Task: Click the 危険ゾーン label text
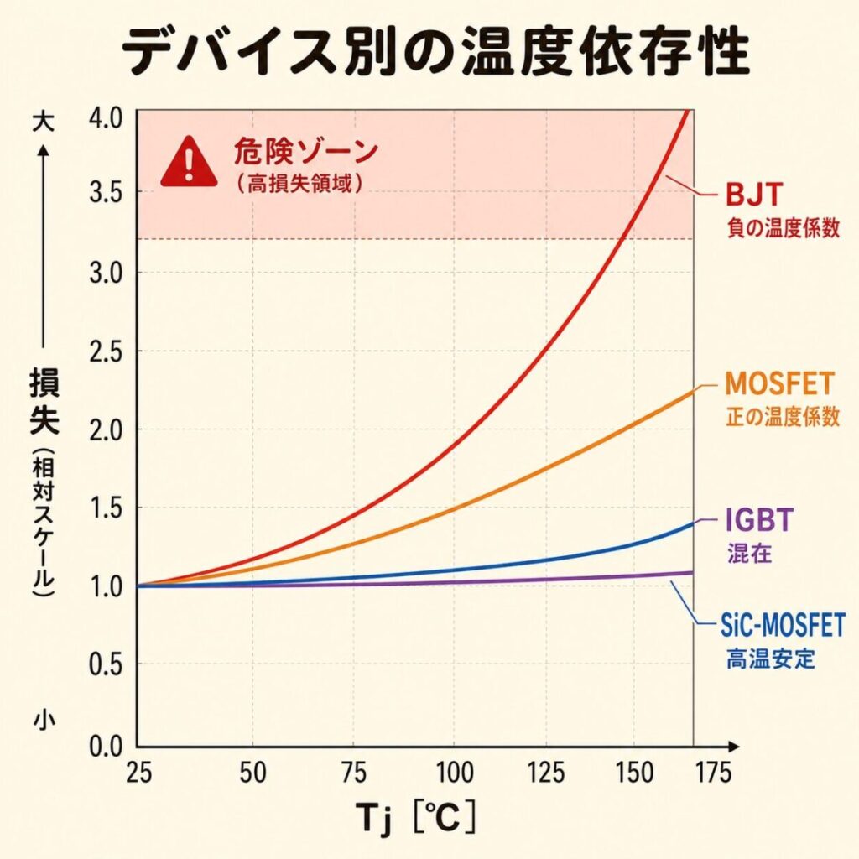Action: pyautogui.click(x=306, y=153)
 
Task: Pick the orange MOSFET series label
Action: pyautogui.click(x=780, y=384)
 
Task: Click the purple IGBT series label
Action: pyautogui.click(x=757, y=521)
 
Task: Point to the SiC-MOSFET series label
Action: pyautogui.click(x=784, y=626)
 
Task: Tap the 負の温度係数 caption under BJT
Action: pyautogui.click(x=783, y=229)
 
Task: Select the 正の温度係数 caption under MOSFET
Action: pyautogui.click(x=782, y=416)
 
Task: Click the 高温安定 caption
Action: pyautogui.click(x=770, y=659)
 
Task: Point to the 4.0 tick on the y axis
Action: pyautogui.click(x=104, y=115)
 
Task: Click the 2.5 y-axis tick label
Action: pyautogui.click(x=104, y=351)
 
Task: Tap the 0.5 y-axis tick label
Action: pyautogui.click(x=104, y=666)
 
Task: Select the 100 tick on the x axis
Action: pyautogui.click(x=452, y=773)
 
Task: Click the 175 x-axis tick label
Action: pyautogui.click(x=713, y=773)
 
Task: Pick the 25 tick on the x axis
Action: pyautogui.click(x=138, y=773)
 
